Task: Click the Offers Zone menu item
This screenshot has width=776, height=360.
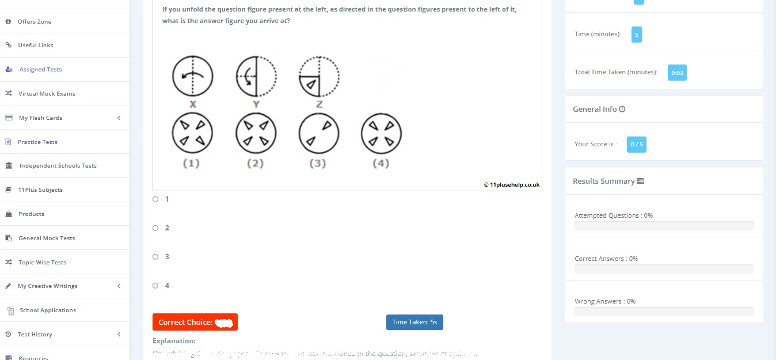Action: (x=35, y=21)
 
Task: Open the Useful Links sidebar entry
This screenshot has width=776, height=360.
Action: (x=35, y=46)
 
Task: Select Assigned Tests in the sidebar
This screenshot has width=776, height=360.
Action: (x=40, y=70)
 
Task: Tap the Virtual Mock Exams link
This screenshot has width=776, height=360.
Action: (x=47, y=94)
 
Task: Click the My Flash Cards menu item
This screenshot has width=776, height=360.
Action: (x=40, y=118)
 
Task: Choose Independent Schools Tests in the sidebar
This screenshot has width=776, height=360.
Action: (x=58, y=166)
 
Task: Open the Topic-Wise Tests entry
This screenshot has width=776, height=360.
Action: (x=42, y=262)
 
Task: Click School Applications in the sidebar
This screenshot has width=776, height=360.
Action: (x=47, y=310)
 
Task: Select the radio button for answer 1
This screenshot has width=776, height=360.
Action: (x=155, y=199)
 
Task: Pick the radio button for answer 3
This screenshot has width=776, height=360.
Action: (x=155, y=257)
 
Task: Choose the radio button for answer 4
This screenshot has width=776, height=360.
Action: (x=155, y=286)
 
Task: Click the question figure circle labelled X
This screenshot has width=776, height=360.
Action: (x=192, y=76)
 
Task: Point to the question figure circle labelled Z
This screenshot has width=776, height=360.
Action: (x=319, y=76)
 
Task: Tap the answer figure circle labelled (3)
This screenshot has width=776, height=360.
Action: (x=318, y=134)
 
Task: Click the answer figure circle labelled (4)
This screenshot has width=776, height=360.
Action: (x=381, y=134)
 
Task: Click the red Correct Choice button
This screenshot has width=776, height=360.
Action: (x=195, y=322)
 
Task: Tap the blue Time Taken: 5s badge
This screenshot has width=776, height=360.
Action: (x=414, y=322)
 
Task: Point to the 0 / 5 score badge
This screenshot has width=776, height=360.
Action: (x=636, y=144)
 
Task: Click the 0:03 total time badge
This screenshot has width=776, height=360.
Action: (x=677, y=73)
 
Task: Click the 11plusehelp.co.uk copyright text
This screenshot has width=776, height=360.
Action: (x=511, y=185)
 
